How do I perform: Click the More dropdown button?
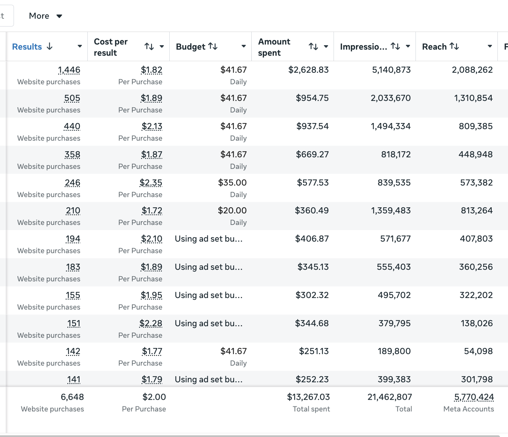(46, 16)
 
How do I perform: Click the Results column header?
(27, 47)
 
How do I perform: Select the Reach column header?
(434, 47)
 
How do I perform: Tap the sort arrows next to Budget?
(213, 46)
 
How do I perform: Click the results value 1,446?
(69, 70)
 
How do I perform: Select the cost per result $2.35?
(151, 183)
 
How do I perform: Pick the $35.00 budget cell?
(232, 183)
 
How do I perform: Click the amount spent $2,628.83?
(308, 70)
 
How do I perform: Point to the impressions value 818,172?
(396, 155)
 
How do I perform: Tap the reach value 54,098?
(478, 351)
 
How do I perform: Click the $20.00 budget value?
(232, 211)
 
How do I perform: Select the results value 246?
(72, 183)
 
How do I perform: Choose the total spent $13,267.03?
(308, 397)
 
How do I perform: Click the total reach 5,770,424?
(474, 397)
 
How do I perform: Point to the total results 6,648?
(72, 397)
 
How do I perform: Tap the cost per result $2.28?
(151, 323)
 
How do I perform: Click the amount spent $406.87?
(312, 239)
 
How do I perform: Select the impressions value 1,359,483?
(391, 211)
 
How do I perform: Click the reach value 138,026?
(477, 323)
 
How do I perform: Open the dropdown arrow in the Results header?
(80, 46)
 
